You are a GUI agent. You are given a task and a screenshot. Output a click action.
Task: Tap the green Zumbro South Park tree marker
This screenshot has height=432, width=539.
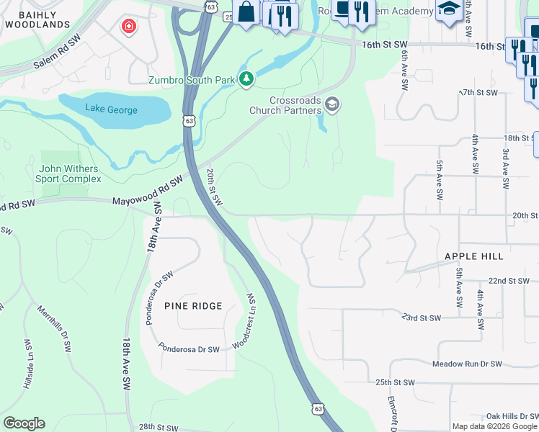(246, 78)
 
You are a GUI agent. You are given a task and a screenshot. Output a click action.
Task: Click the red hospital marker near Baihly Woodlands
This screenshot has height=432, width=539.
(128, 27)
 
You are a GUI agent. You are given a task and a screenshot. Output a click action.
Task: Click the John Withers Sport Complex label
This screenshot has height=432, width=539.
(71, 174)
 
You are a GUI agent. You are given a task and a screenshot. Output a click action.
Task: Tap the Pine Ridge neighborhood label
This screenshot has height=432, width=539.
(193, 306)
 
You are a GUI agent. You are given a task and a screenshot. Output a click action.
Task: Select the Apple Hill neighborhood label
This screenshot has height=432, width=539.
(473, 256)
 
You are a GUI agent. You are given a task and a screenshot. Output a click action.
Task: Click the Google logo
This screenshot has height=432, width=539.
(24, 423)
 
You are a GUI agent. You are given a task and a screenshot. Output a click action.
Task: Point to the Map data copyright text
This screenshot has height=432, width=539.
(494, 426)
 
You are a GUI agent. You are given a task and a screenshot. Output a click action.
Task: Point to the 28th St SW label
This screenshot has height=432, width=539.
(158, 428)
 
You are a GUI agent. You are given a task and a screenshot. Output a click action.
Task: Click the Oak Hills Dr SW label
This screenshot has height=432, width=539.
(512, 416)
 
